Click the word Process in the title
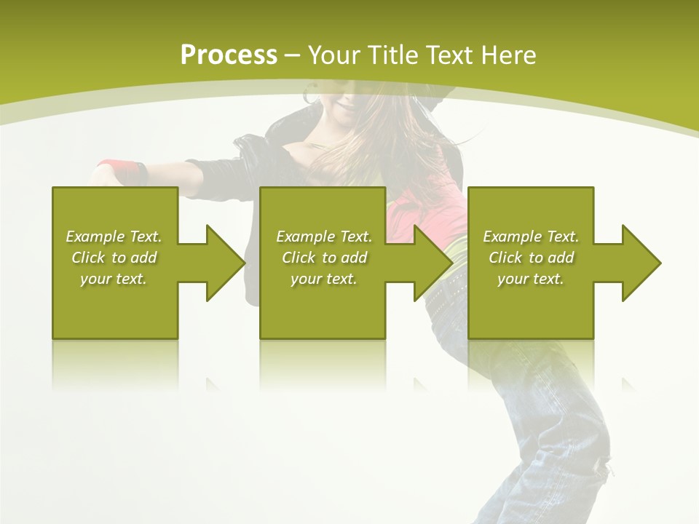(x=229, y=55)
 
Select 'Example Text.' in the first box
(x=114, y=237)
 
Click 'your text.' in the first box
(x=114, y=279)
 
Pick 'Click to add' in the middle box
(x=324, y=258)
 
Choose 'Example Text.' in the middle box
(x=324, y=237)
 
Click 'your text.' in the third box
(x=530, y=279)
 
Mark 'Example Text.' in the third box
(x=531, y=237)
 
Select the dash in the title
(x=293, y=55)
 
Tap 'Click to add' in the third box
(x=531, y=258)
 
